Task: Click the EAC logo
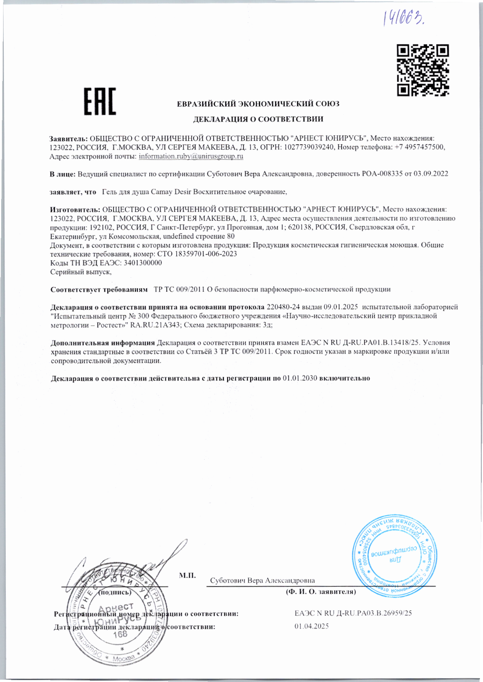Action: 100,101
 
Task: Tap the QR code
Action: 423,70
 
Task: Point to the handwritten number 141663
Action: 405,17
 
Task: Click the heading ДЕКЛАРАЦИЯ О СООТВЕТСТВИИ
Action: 258,119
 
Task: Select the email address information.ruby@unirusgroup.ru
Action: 191,156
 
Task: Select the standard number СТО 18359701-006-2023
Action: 197,254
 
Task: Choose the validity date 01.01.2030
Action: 299,378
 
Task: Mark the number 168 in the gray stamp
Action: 120,634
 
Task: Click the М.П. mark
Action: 187,576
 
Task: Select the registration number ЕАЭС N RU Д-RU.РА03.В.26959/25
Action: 353,613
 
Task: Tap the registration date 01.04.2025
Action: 311,626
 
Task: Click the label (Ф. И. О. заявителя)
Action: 321,592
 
